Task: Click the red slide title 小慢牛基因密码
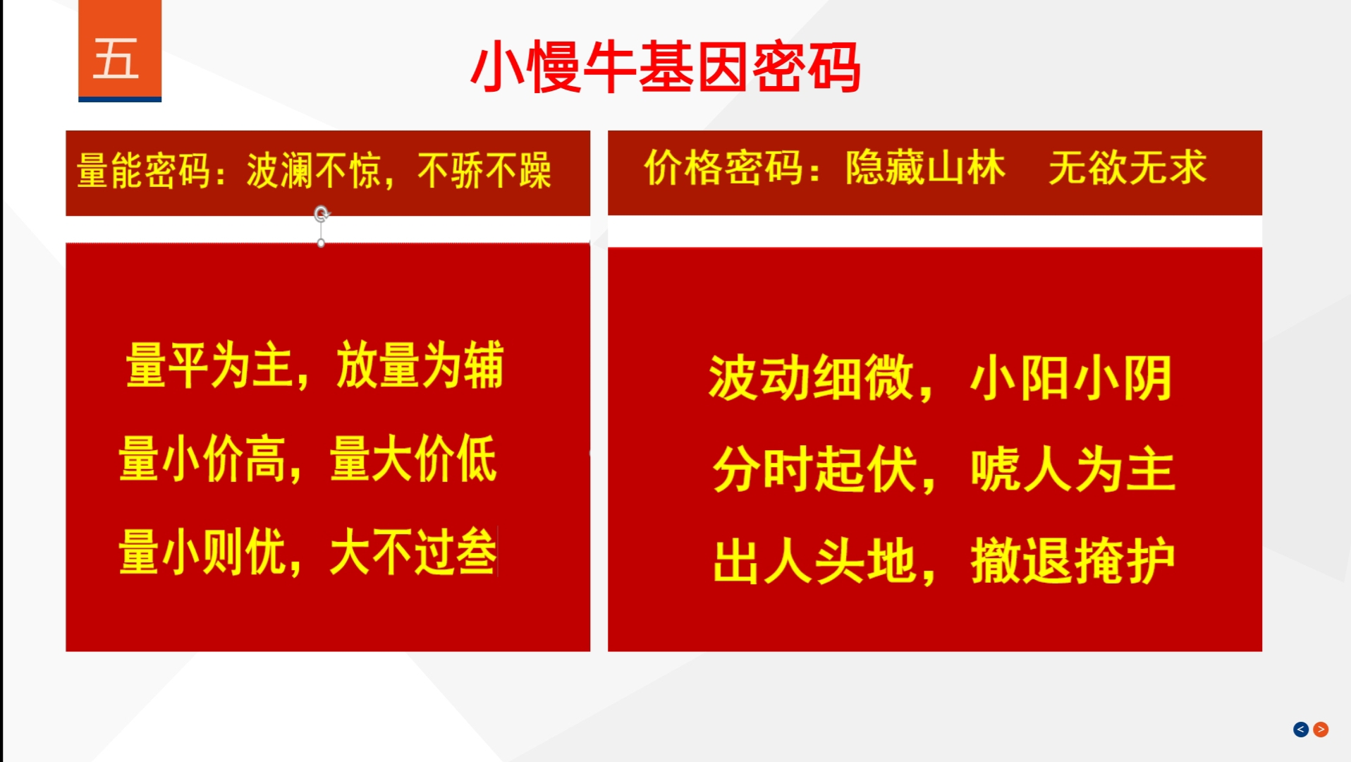click(665, 67)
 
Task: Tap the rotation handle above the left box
click(322, 213)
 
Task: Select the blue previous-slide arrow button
click(1301, 730)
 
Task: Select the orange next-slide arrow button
click(1321, 730)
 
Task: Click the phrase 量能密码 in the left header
click(144, 171)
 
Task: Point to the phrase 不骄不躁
click(484, 171)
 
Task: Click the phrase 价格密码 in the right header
click(723, 168)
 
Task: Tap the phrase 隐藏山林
click(926, 168)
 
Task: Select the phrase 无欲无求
click(1127, 168)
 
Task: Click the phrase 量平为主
click(209, 365)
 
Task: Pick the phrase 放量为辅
click(420, 365)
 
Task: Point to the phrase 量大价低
click(413, 459)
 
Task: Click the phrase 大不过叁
click(413, 552)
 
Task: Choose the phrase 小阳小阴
click(1071, 378)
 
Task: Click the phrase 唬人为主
click(1072, 470)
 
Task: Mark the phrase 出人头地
click(814, 562)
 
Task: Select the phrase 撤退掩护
click(1072, 562)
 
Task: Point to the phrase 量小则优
click(202, 552)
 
